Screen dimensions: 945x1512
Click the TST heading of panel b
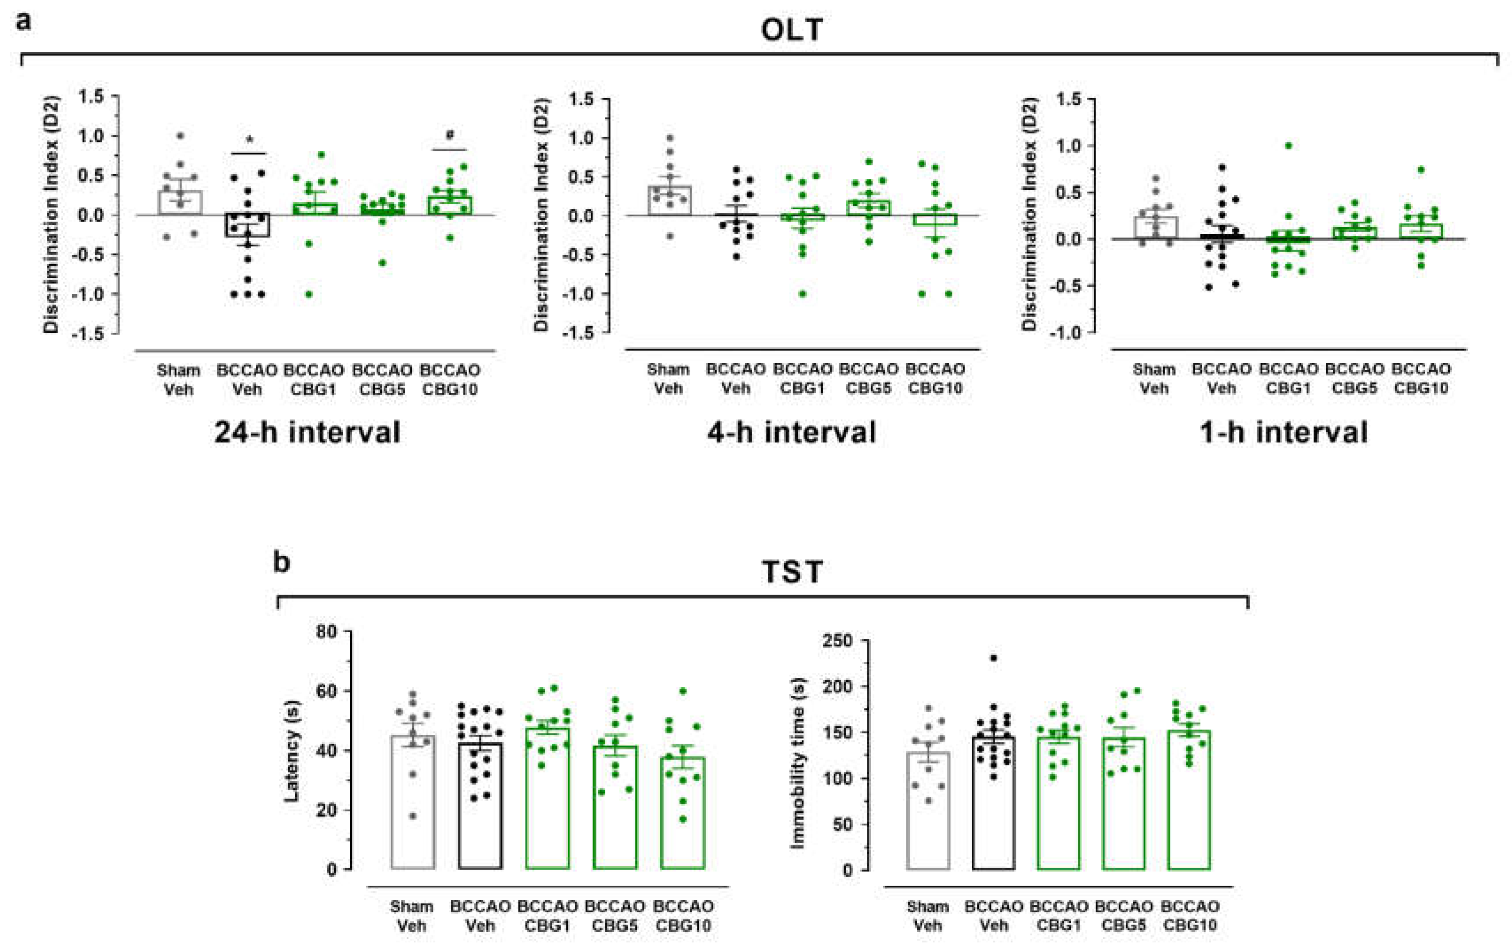point(792,572)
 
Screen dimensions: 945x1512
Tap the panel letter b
point(281,562)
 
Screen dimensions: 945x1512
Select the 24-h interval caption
point(307,432)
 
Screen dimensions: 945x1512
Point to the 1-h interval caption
point(1283,432)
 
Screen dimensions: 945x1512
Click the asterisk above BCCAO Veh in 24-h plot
point(250,139)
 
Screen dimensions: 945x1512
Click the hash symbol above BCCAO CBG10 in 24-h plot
point(450,135)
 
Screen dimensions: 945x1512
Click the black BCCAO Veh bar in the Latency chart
point(480,813)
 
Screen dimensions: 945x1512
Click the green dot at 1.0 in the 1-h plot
point(1288,146)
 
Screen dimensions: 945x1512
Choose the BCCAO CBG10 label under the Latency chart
point(683,916)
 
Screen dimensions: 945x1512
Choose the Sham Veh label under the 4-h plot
point(668,379)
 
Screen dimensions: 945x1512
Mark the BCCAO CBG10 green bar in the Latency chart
point(683,819)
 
